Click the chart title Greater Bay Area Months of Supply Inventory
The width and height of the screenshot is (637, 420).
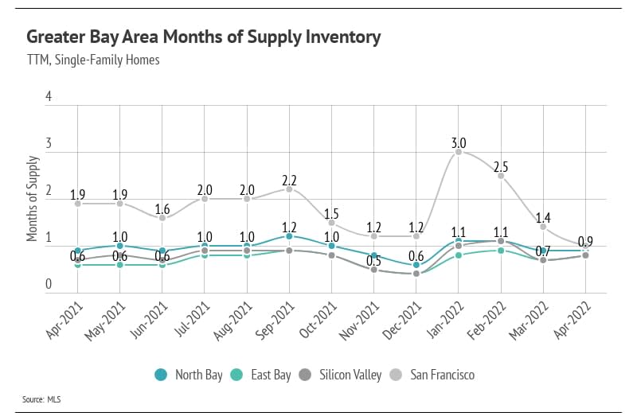coord(203,37)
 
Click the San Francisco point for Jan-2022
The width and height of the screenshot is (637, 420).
coord(459,151)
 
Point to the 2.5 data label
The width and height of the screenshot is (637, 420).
coord(501,167)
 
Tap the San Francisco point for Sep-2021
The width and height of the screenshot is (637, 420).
coord(289,189)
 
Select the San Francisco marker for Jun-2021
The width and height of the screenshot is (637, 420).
coord(162,217)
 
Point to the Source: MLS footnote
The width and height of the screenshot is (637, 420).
coord(44,399)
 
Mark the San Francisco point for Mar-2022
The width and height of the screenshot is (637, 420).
coord(543,227)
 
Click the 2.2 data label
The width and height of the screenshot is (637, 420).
coord(289,180)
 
